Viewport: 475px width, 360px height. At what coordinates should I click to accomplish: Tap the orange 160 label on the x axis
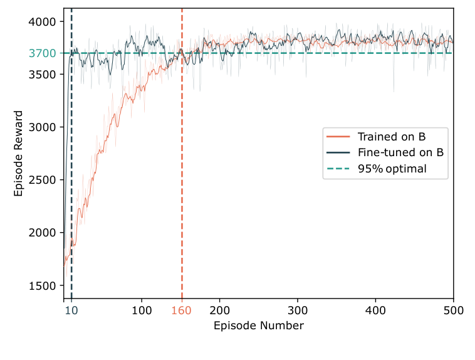182,310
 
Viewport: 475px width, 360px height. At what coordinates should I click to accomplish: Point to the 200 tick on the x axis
219,310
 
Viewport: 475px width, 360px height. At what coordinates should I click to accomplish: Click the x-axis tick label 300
298,310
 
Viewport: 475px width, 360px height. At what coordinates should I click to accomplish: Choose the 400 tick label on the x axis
375,310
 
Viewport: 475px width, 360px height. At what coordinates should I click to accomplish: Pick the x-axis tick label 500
453,310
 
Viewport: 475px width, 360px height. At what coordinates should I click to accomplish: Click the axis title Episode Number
258,326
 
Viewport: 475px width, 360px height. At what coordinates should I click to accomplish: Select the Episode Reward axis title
19,154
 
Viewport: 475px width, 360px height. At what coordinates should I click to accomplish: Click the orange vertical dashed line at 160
182,188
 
